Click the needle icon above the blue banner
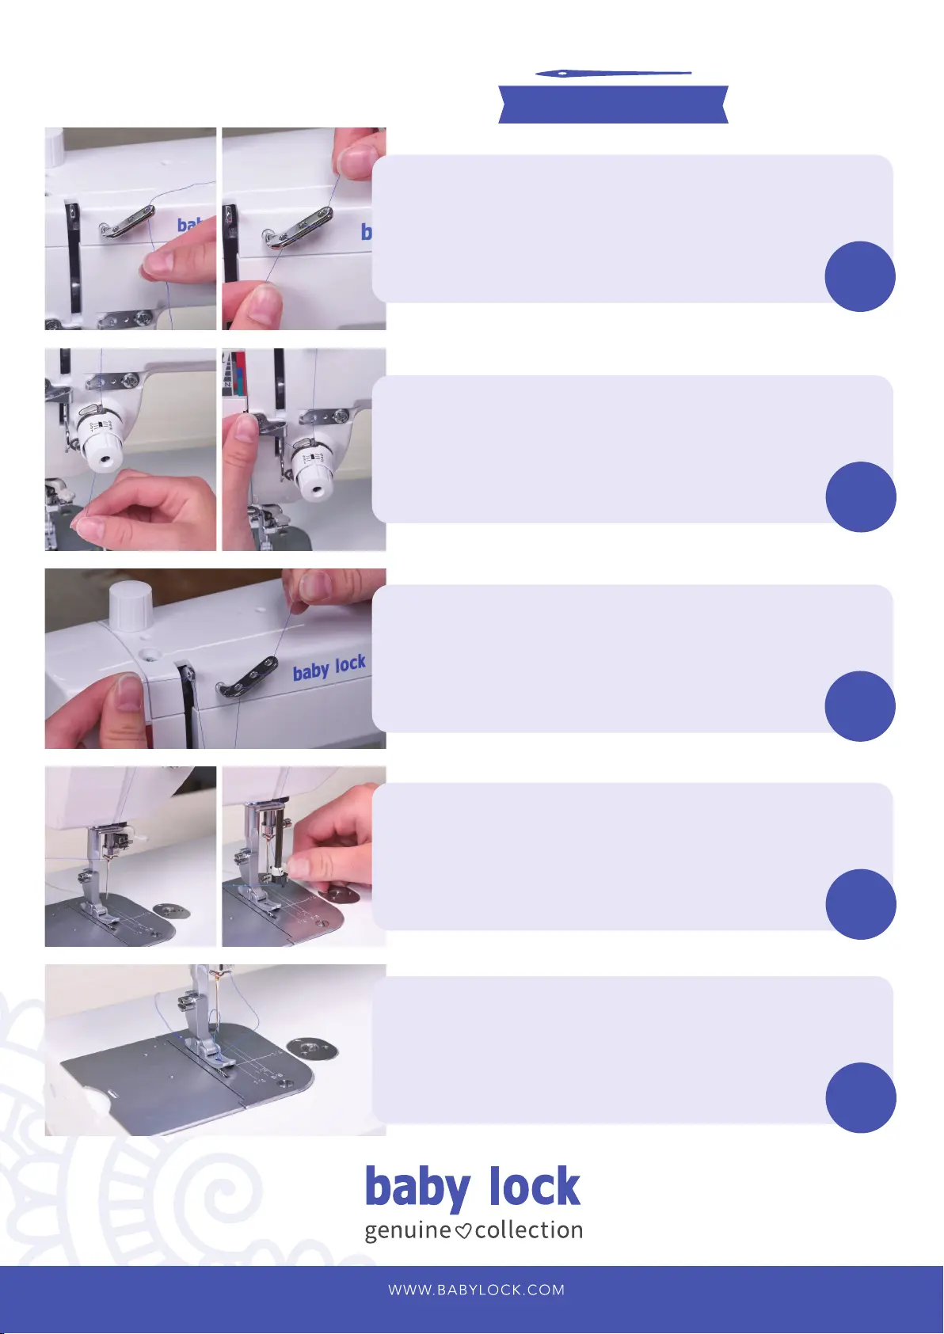pyautogui.click(x=613, y=74)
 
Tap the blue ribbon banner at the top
pyautogui.click(x=613, y=105)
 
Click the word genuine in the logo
pyautogui.click(x=407, y=1230)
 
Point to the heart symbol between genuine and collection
pyautogui.click(x=462, y=1232)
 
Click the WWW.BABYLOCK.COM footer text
pyautogui.click(x=476, y=1290)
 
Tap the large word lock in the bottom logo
pyautogui.click(x=535, y=1187)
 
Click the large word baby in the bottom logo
pyautogui.click(x=417, y=1190)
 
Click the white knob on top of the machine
pyautogui.click(x=130, y=606)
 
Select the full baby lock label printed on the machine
pyautogui.click(x=329, y=668)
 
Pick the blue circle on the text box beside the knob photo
pyautogui.click(x=860, y=706)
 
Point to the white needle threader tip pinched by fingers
pyautogui.click(x=278, y=871)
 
